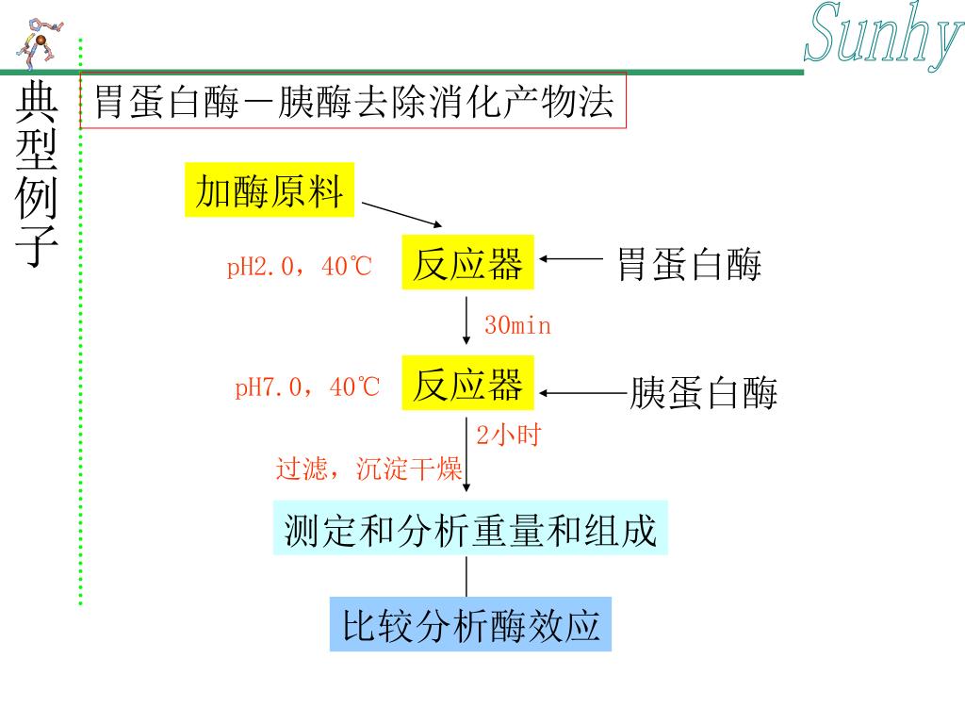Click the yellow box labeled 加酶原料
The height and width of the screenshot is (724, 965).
[270, 190]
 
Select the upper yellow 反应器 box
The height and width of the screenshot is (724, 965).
[468, 262]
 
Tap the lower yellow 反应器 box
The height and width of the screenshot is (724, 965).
[468, 383]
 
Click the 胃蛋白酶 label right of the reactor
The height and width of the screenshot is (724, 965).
[689, 265]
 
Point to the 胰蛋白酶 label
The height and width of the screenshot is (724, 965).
[704, 393]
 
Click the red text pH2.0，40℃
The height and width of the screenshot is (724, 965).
[300, 268]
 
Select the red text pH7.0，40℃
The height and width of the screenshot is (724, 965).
[307, 387]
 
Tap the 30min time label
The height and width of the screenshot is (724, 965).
[517, 326]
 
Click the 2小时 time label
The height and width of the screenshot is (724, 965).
[507, 436]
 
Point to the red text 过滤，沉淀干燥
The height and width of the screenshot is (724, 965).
[368, 469]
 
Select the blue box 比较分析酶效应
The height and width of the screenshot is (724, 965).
[470, 625]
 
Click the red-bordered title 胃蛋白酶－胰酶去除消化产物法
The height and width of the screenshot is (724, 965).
[353, 101]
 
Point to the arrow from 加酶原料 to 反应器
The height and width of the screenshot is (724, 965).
[401, 214]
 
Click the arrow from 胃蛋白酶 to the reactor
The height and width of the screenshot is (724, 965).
[572, 258]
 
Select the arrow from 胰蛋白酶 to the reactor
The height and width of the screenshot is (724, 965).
[582, 393]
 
